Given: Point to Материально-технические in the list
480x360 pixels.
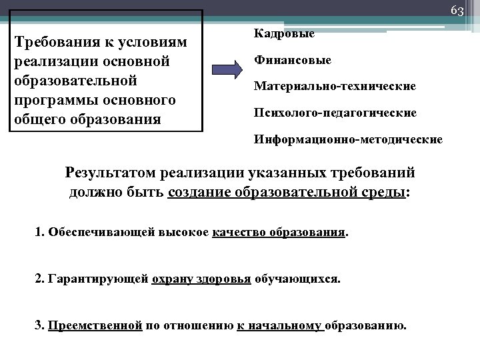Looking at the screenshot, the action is click(335, 87).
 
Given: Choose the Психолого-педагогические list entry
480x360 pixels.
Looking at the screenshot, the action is click(335, 113).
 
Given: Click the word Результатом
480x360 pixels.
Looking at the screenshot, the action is click(113, 173).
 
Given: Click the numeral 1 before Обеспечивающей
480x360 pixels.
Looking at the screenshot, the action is click(38, 233).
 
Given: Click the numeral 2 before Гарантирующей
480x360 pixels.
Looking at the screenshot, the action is click(38, 279).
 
